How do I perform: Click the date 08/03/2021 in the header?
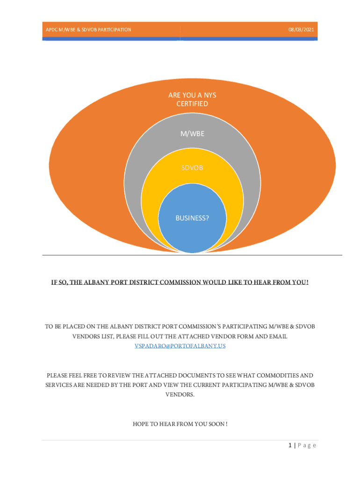pyautogui.click(x=301, y=29)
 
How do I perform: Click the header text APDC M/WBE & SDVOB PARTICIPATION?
pyautogui.click(x=88, y=29)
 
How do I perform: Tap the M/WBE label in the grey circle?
pyautogui.click(x=192, y=133)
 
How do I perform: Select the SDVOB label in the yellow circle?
pyautogui.click(x=192, y=168)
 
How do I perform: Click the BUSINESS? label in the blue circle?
pyautogui.click(x=192, y=218)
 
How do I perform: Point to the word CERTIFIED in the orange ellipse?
pyautogui.click(x=192, y=104)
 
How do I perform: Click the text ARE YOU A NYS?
pyautogui.click(x=192, y=95)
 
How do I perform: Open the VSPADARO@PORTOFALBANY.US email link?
pyautogui.click(x=180, y=346)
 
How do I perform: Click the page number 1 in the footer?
pyautogui.click(x=290, y=445)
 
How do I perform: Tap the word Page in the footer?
pyautogui.click(x=307, y=445)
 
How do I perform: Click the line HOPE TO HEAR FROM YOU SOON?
pyautogui.click(x=180, y=424)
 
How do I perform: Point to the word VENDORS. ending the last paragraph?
pyautogui.click(x=180, y=394)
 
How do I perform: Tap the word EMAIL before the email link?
pyautogui.click(x=278, y=336)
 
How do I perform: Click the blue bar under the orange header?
pyautogui.click(x=180, y=39)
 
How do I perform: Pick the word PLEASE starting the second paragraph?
pyautogui.click(x=57, y=376)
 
